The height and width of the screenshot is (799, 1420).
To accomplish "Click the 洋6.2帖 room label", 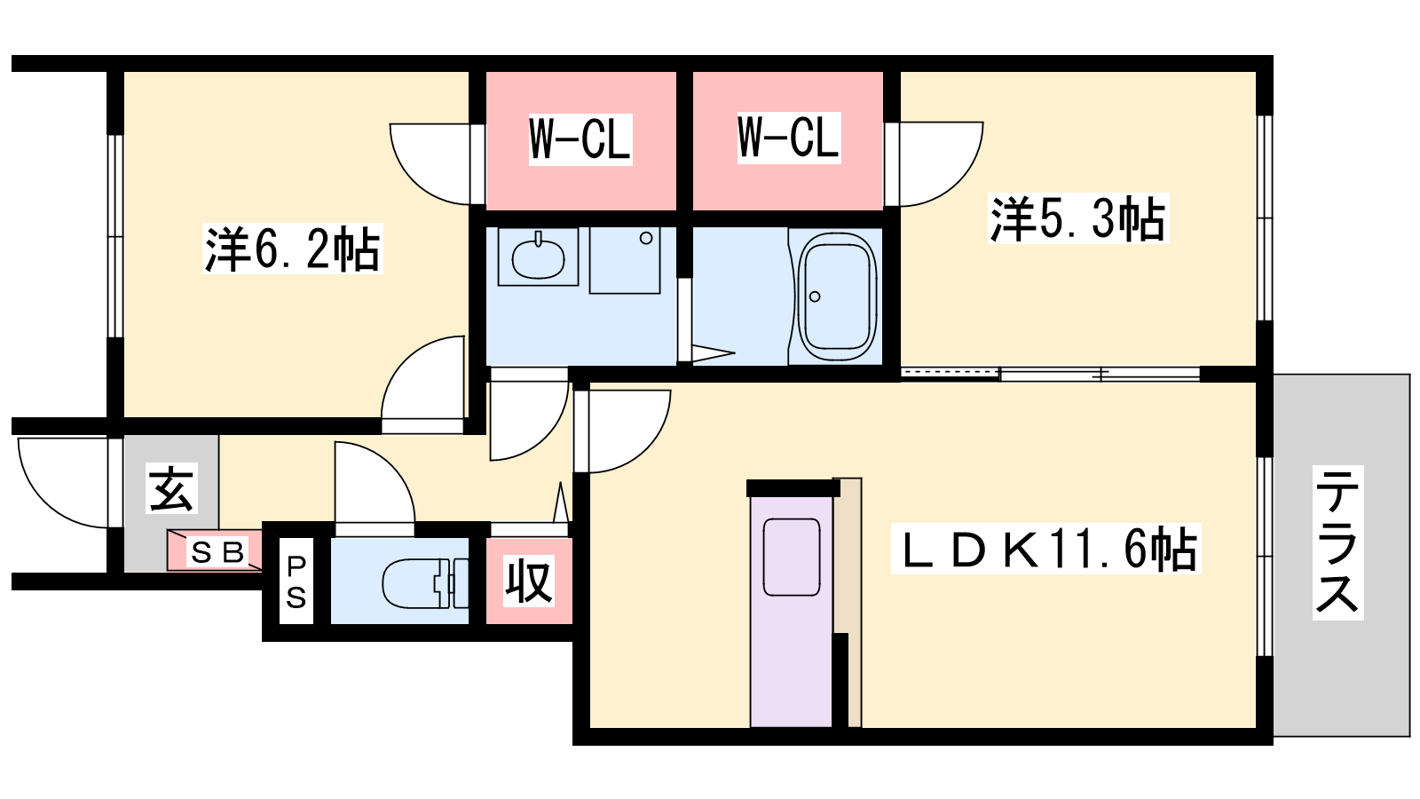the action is click(292, 249).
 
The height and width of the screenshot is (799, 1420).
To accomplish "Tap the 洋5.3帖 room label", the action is click(1077, 218).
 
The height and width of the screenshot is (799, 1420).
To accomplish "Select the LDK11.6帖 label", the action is click(1046, 549).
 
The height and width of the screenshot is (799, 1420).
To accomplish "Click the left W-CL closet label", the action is click(580, 139).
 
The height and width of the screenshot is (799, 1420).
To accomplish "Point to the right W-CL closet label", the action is click(789, 138).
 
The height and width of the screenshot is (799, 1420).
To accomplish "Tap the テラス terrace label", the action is click(1337, 542).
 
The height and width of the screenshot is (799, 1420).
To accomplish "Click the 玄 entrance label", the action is click(171, 487).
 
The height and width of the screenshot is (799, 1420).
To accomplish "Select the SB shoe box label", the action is click(217, 552).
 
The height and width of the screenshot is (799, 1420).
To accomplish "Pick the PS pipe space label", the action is click(296, 582).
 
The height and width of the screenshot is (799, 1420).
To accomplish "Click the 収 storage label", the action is click(529, 581).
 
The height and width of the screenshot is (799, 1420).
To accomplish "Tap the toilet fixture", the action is click(425, 582).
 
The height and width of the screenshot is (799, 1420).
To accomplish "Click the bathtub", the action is click(837, 292).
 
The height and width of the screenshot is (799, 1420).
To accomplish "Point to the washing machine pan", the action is click(625, 260).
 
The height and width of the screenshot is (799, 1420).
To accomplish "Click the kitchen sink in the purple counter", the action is click(791, 557).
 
